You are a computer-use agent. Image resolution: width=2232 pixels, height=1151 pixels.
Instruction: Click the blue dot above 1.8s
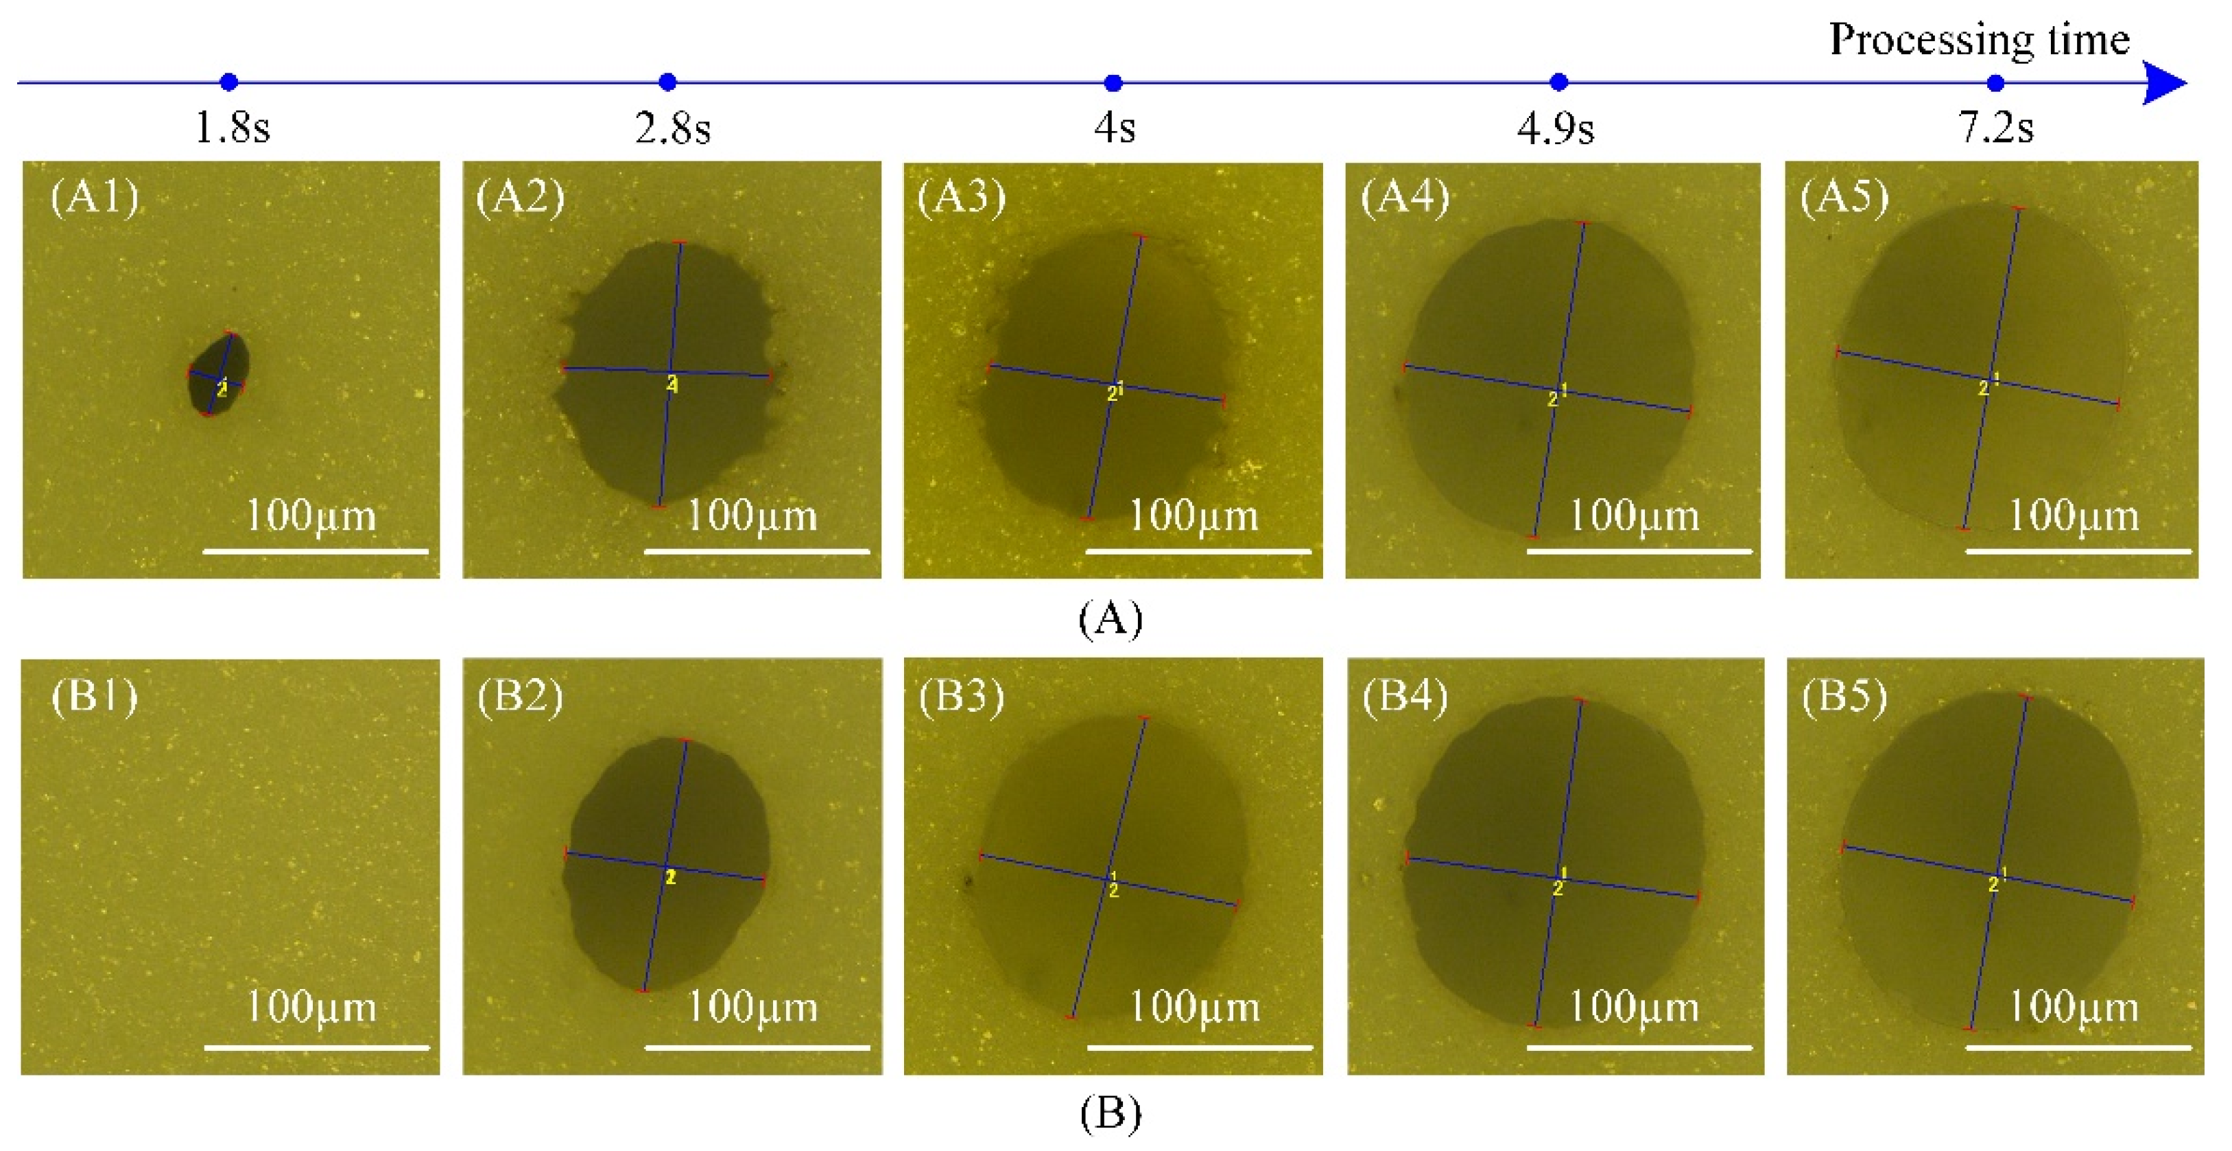coord(228,82)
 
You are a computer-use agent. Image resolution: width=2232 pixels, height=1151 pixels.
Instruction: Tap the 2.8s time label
coord(672,128)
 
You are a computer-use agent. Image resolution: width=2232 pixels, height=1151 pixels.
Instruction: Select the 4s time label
coord(1114,128)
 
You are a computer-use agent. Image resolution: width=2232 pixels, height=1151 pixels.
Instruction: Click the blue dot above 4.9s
coord(1558,82)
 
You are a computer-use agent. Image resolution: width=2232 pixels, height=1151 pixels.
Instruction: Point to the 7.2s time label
coord(1995,128)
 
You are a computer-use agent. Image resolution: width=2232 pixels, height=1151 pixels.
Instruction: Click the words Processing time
coord(1979,40)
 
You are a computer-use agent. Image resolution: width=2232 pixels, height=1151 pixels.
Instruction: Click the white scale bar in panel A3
coord(1198,550)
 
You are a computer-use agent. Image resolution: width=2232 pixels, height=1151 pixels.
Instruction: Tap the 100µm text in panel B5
coord(2073,1006)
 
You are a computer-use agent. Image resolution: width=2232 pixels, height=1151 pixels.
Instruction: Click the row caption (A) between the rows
coord(1110,619)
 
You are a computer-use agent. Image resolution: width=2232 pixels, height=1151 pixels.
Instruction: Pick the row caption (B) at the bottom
coord(1110,1113)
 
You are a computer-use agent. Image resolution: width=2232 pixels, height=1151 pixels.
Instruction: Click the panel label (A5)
coord(1844,197)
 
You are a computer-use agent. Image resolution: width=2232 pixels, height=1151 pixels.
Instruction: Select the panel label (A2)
coord(520,197)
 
